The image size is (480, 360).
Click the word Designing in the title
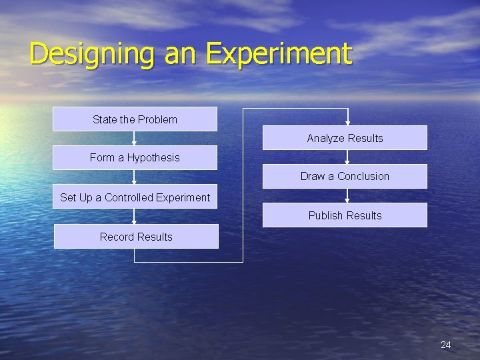click(92, 54)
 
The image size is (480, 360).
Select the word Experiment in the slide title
click(278, 54)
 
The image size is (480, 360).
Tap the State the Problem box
click(135, 119)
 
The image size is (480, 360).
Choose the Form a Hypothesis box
click(135, 158)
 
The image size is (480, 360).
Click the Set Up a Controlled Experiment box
click(135, 197)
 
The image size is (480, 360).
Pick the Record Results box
click(136, 237)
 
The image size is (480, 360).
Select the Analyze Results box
click(345, 138)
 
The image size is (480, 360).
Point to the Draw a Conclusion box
click(345, 177)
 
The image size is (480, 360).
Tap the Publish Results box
click(345, 215)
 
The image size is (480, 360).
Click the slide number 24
click(446, 345)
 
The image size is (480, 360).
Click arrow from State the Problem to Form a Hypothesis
click(135, 139)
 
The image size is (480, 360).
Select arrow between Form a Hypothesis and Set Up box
click(135, 177)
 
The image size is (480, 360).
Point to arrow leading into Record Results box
click(135, 217)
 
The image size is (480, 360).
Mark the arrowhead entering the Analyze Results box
click(347, 122)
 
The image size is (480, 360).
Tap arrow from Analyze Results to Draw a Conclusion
click(347, 157)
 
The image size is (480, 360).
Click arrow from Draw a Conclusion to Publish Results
click(347, 196)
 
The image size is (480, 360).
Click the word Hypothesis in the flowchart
click(153, 158)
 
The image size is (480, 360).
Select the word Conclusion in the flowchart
click(363, 177)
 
